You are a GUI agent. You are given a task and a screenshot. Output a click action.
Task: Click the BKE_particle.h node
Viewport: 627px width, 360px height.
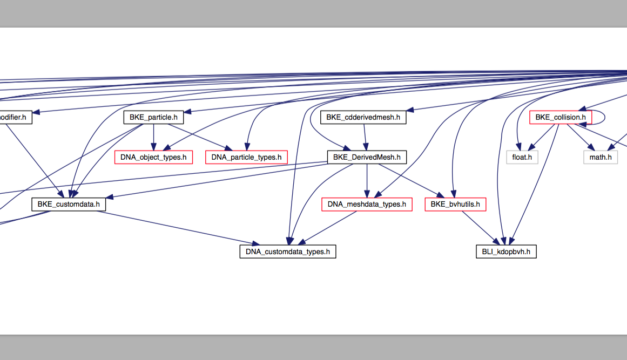coord(153,117)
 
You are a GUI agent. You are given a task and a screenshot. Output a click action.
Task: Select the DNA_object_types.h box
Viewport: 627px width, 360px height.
coord(153,158)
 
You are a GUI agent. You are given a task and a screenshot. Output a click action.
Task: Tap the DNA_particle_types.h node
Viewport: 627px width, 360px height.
coord(246,158)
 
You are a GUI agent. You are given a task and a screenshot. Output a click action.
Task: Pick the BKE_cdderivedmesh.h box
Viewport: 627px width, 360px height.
coord(363,117)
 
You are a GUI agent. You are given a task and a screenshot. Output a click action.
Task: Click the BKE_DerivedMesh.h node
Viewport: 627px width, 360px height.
coord(367,158)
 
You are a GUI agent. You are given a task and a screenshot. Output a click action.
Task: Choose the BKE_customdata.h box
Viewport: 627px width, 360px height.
coord(68,205)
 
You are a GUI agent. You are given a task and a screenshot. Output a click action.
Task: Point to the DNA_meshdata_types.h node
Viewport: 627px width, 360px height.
coord(367,205)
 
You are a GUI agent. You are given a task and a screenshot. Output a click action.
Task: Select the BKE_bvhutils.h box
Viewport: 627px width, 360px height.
coord(455,205)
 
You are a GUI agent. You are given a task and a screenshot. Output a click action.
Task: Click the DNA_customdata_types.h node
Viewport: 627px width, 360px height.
coord(288,252)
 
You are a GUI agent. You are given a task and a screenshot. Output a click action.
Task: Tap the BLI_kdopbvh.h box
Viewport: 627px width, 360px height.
coord(506,252)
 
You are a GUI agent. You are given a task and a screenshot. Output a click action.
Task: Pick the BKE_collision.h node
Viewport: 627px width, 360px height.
coord(561,117)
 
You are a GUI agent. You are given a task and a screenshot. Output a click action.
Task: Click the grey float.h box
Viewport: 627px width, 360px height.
coord(522,158)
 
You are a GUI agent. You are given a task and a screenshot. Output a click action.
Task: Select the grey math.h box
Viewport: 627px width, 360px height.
coord(600,158)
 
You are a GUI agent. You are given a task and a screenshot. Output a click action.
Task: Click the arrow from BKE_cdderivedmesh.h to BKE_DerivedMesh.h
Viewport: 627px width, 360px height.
coord(366,137)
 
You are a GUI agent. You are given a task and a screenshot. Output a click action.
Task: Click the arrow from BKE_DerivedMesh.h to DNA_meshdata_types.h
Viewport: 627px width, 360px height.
coord(367,181)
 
